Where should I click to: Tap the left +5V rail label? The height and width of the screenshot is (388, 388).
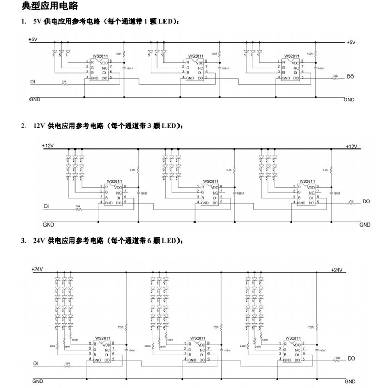(x=34, y=39)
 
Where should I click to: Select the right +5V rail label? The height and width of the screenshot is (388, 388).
(x=351, y=42)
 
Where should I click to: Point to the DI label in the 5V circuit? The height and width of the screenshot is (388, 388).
(x=33, y=82)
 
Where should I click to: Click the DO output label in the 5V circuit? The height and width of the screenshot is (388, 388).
(x=350, y=77)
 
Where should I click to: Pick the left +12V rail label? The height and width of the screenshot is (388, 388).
(x=48, y=146)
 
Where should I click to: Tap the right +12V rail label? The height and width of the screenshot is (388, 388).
(x=352, y=147)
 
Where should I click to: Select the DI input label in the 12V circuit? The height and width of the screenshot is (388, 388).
(x=47, y=206)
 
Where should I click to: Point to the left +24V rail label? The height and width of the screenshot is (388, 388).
(x=37, y=269)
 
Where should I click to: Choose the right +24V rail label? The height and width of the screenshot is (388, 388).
(x=337, y=270)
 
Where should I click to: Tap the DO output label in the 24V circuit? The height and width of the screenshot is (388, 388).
(x=351, y=358)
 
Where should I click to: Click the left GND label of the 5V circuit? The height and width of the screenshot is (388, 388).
(x=35, y=99)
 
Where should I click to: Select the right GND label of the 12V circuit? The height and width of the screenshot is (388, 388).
(x=365, y=225)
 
